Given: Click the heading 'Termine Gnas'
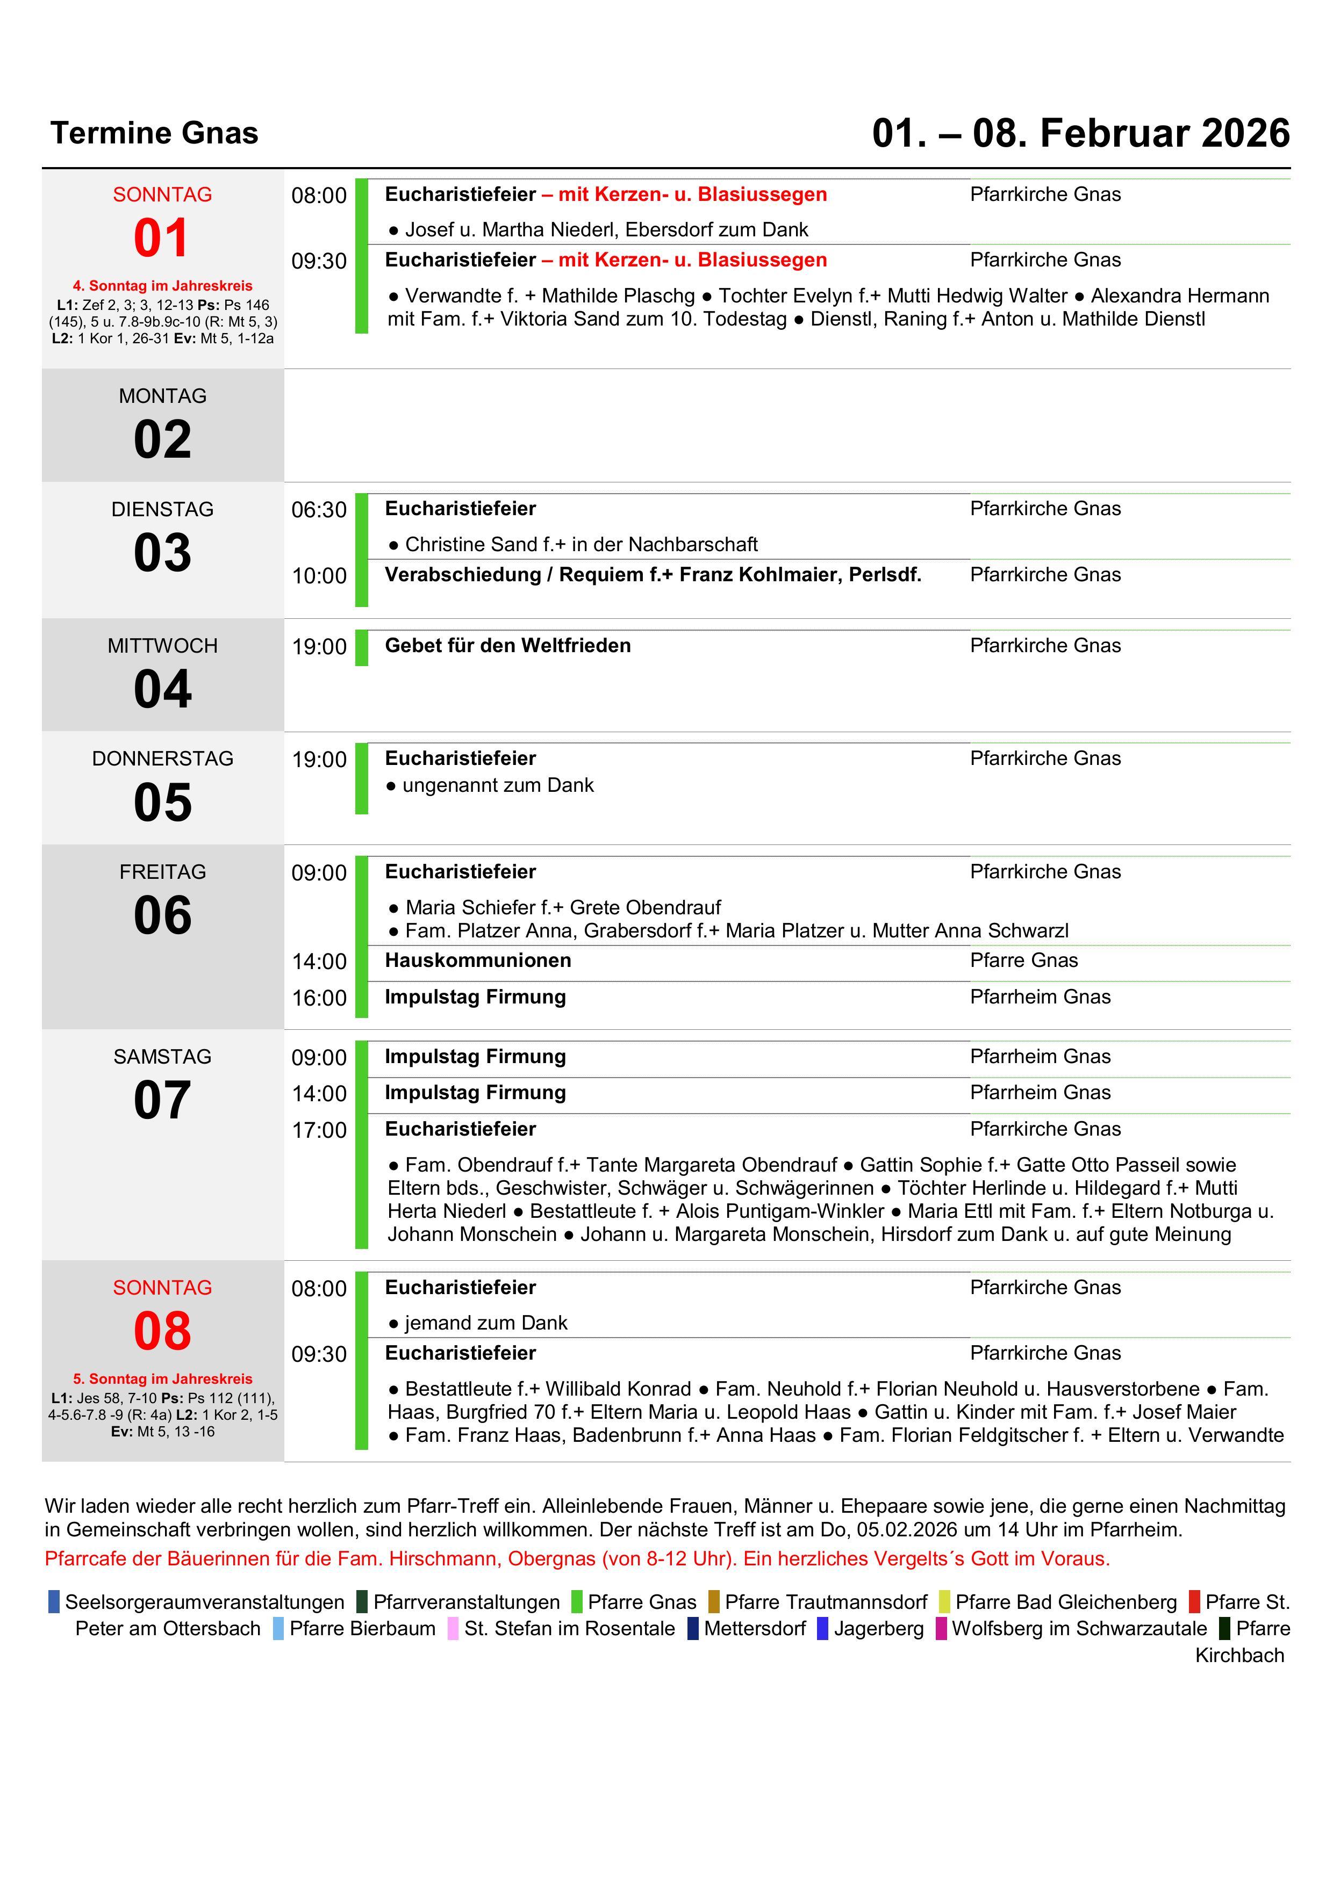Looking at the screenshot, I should click(x=154, y=133).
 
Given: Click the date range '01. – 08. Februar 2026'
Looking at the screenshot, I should click(x=1080, y=133).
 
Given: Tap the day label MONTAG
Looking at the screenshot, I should click(x=163, y=396).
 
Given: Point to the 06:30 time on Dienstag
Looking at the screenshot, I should click(x=319, y=510).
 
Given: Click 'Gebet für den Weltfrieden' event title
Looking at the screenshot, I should click(x=507, y=645).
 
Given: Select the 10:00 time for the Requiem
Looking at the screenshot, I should click(x=319, y=575).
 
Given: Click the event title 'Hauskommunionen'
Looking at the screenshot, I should click(x=478, y=960).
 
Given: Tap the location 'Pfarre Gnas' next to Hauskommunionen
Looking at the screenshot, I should click(x=1023, y=960).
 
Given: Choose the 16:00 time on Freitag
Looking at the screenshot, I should click(x=319, y=998).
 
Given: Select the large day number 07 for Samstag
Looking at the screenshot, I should click(x=163, y=1100).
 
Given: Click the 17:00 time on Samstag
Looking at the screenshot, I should click(x=319, y=1130).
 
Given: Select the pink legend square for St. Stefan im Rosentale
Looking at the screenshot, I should click(x=453, y=1628).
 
